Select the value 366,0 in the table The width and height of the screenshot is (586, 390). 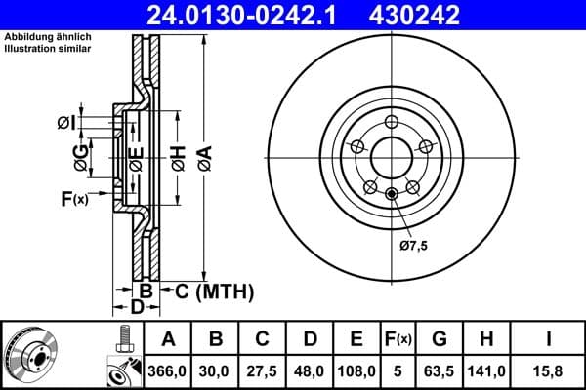pyautogui.click(x=168, y=370)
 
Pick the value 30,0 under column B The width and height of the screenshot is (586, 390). pyautogui.click(x=215, y=370)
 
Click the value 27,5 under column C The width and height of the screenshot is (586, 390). pyautogui.click(x=263, y=370)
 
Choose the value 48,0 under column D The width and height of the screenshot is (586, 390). pyautogui.click(x=310, y=370)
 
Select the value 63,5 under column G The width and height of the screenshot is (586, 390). pyautogui.click(x=439, y=370)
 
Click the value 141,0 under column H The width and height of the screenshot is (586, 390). pyautogui.click(x=486, y=370)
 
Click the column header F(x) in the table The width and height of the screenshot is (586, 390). pyautogui.click(x=398, y=339)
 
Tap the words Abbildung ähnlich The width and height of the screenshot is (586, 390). pyautogui.click(x=48, y=38)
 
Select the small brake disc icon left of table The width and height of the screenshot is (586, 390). pyautogui.click(x=33, y=354)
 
